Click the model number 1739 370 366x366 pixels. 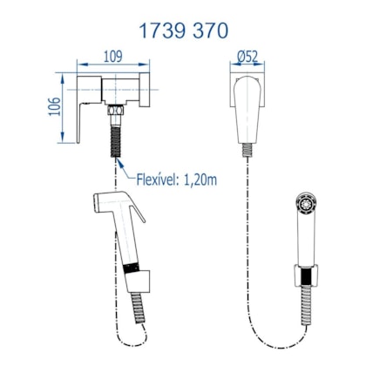click(184, 30)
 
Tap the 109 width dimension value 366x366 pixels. click(113, 57)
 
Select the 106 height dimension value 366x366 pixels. click(54, 106)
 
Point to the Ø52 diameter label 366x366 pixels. click(247, 57)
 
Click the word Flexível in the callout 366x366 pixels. click(158, 180)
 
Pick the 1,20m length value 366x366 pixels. click(200, 180)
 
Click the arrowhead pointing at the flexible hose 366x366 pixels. click(119, 163)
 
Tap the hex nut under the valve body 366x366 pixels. click(116, 111)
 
